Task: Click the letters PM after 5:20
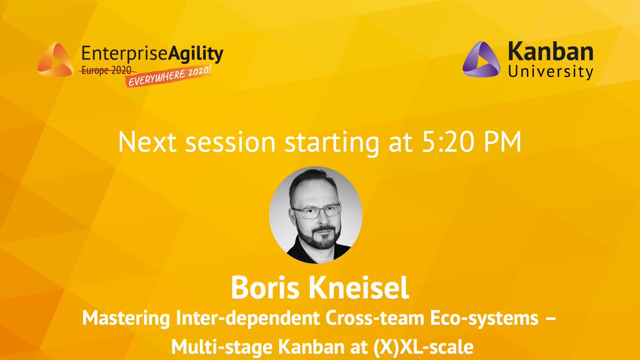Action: (x=502, y=142)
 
